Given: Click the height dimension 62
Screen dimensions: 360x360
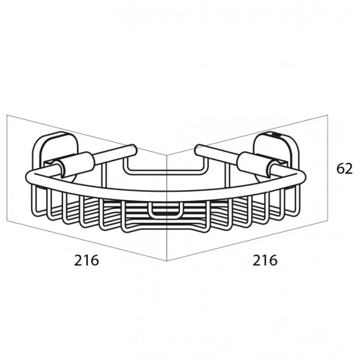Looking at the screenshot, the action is coord(344,169).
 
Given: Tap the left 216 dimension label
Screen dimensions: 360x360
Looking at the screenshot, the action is coord(86,260).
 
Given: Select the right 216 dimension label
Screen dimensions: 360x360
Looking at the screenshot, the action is coord(265,260).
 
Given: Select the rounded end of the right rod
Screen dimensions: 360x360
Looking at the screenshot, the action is coord(199,149).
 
